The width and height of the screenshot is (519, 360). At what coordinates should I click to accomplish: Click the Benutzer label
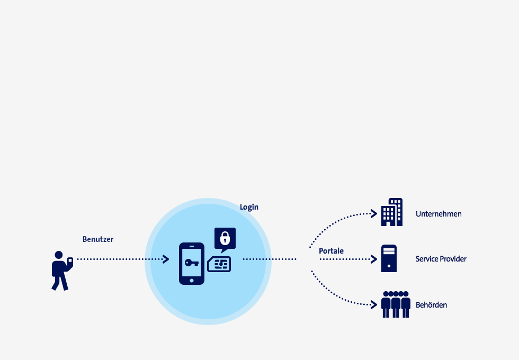(98, 239)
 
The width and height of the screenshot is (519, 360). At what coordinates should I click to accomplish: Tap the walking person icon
(62, 271)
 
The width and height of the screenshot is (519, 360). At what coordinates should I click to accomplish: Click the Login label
(249, 207)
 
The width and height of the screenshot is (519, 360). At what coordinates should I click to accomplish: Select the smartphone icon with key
(192, 264)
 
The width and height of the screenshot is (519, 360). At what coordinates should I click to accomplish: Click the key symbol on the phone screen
(192, 263)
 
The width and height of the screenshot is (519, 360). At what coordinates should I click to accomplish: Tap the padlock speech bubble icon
(225, 239)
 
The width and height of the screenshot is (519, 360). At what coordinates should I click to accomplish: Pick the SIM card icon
(219, 264)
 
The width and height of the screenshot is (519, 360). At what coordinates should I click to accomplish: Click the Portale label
(331, 251)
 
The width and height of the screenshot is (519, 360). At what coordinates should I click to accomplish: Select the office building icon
(392, 212)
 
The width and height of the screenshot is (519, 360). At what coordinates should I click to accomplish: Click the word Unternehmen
(439, 214)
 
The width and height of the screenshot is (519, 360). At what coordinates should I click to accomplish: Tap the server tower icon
(389, 258)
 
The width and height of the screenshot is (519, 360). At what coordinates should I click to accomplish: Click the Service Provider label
(441, 259)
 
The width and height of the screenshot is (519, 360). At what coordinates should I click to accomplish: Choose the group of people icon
(396, 304)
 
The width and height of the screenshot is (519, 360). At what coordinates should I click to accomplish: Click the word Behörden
(431, 305)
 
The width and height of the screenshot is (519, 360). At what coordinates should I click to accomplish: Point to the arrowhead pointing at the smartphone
(166, 259)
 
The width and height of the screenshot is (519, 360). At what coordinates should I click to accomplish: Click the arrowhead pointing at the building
(374, 214)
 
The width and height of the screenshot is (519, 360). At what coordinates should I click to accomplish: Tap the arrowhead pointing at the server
(374, 259)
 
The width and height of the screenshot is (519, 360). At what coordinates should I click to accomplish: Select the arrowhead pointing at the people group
(374, 305)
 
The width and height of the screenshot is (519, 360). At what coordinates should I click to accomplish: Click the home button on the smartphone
(192, 281)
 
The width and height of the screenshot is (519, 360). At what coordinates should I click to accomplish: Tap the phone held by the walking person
(70, 261)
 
